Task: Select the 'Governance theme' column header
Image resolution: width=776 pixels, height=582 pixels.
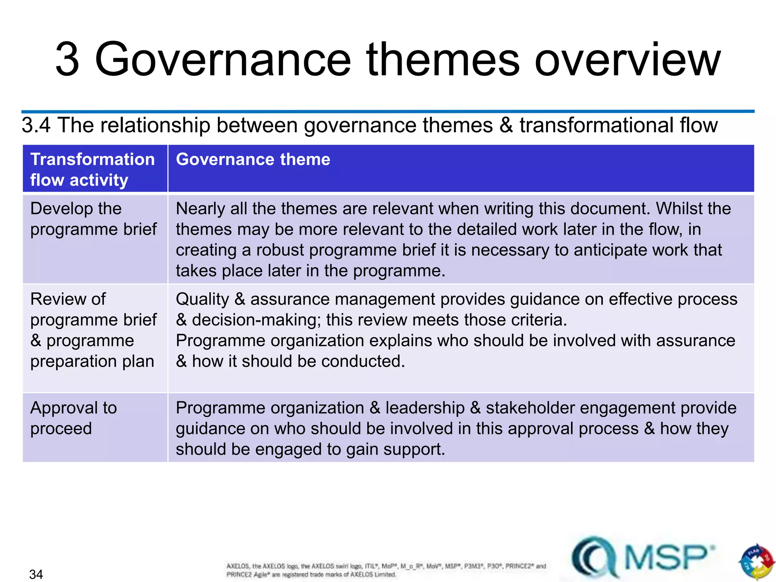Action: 253,159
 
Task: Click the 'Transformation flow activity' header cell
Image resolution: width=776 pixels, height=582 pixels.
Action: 92,169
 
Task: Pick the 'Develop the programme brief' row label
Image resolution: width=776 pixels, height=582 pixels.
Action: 93,219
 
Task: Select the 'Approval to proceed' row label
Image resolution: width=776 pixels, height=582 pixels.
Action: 74,418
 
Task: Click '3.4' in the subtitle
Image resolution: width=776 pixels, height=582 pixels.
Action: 36,125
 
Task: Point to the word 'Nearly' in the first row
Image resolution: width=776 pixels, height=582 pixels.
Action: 200,209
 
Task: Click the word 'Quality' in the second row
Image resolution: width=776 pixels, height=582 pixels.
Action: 202,299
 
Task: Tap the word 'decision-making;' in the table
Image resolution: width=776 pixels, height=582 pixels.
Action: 257,320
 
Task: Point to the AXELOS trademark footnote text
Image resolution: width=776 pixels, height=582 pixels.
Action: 386,570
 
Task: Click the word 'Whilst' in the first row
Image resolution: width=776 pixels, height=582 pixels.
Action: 678,209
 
